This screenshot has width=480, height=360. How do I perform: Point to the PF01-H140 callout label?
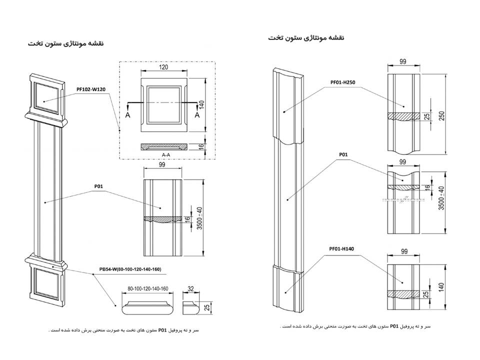click(342, 248)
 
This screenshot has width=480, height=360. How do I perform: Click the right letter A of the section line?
click(197, 114)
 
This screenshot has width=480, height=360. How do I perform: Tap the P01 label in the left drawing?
click(99, 186)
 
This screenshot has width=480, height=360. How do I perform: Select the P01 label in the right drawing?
click(343, 155)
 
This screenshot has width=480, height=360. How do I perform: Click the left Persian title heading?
click(65, 43)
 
